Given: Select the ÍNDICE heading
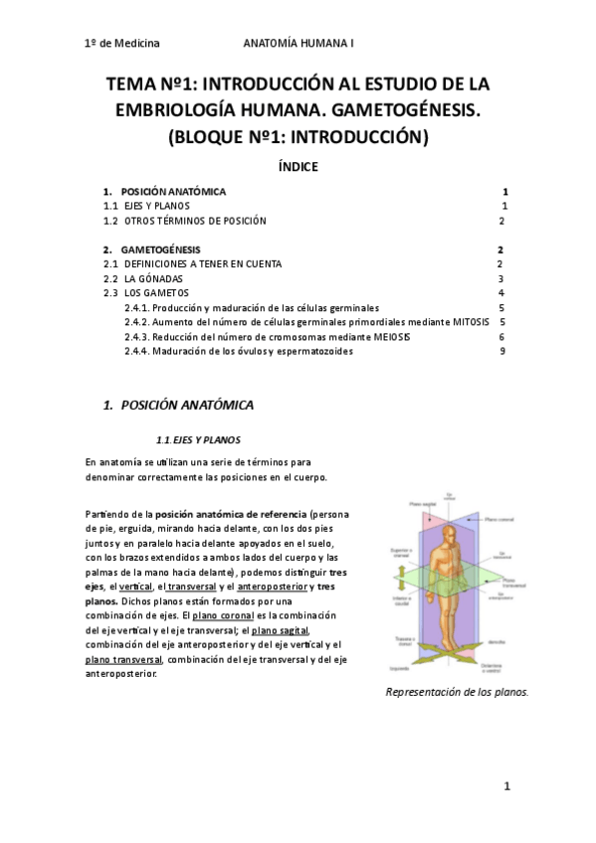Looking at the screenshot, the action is coord(298,166).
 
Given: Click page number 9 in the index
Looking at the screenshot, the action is coord(503,351).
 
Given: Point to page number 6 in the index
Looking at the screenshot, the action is coord(503,337).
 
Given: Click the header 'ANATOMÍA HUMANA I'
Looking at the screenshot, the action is coord(298,44).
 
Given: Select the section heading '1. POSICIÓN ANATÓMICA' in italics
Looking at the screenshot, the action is coord(179,405).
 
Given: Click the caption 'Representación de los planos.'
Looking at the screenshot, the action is coord(456,693).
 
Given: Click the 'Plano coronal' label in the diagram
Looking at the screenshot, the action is coord(502,518).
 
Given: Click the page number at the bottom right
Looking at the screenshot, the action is coord(506,787).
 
